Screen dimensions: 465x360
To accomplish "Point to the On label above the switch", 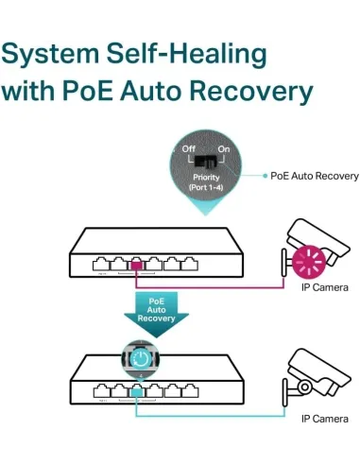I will [x=224, y=148].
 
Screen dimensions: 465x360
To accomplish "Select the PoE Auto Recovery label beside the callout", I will [x=315, y=176].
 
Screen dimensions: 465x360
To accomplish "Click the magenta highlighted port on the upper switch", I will [x=136, y=266].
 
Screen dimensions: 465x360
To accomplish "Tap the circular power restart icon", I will [x=138, y=359].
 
